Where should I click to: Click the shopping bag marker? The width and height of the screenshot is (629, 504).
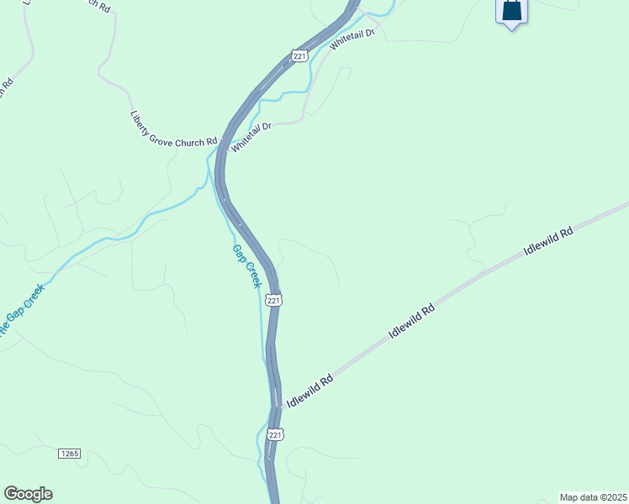[511, 12]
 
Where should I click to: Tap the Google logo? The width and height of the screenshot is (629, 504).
[28, 494]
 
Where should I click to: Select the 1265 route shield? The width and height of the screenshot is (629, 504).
[69, 454]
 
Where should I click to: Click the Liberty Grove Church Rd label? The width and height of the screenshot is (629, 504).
[174, 130]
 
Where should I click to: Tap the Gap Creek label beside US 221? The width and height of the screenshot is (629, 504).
[247, 266]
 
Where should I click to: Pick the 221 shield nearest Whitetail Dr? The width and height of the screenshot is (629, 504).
[299, 55]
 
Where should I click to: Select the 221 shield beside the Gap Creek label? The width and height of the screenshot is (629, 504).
[274, 300]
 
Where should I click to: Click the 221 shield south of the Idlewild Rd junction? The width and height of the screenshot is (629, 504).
[274, 434]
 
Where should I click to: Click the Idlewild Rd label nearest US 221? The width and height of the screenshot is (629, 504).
[309, 392]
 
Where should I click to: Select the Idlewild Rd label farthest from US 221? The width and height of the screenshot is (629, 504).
[547, 241]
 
